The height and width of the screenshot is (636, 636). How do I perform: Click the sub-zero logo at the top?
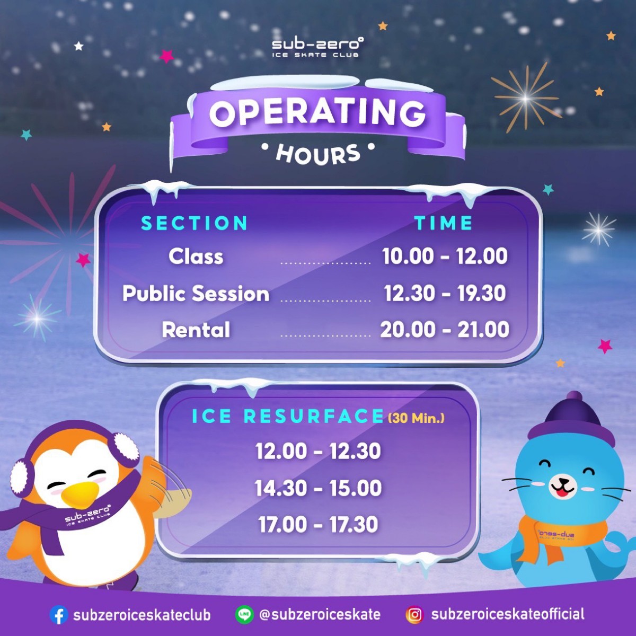(x=317, y=47)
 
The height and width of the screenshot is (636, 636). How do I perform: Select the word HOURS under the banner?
(x=318, y=154)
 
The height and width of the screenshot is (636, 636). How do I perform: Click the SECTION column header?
(x=195, y=223)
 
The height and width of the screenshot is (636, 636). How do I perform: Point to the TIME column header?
(x=444, y=223)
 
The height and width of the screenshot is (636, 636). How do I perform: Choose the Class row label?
(x=196, y=257)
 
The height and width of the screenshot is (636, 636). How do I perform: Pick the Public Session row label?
(x=196, y=294)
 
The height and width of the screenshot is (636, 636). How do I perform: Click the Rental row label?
(x=196, y=330)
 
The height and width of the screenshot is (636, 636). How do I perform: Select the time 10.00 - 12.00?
(x=445, y=257)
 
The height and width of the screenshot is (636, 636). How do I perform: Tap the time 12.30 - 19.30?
(x=445, y=294)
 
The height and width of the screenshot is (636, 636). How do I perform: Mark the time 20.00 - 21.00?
(x=445, y=330)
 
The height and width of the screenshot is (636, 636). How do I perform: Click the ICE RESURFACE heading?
(x=288, y=417)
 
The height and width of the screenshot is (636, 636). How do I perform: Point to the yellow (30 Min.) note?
(x=416, y=418)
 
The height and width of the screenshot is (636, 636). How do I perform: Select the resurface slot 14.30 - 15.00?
(x=318, y=488)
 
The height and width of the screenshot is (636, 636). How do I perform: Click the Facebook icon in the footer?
(x=59, y=615)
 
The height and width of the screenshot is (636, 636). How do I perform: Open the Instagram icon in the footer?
(x=415, y=615)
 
